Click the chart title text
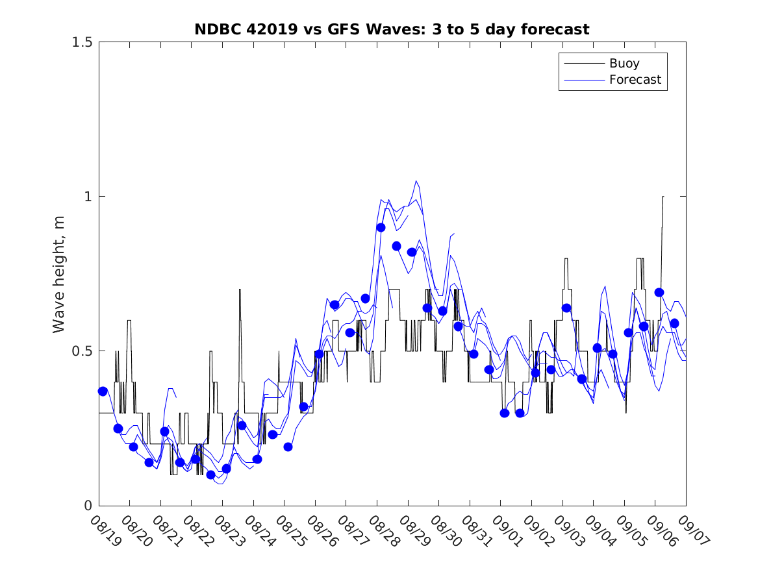[392, 29]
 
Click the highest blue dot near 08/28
[381, 227]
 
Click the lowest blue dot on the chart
[210, 475]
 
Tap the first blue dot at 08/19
[103, 391]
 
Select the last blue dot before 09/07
[674, 323]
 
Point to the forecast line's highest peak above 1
[416, 181]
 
